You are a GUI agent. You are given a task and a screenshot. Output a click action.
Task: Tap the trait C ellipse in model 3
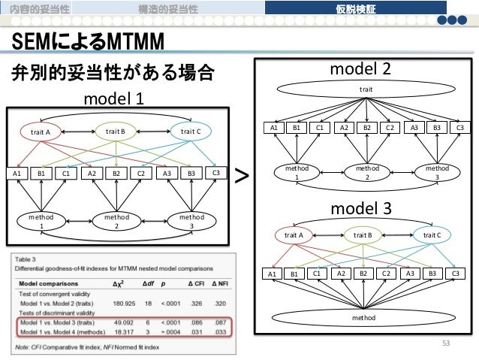(x=432, y=235)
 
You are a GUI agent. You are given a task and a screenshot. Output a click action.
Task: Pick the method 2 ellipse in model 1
(x=116, y=221)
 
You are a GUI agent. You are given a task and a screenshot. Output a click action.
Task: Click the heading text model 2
(x=362, y=69)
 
